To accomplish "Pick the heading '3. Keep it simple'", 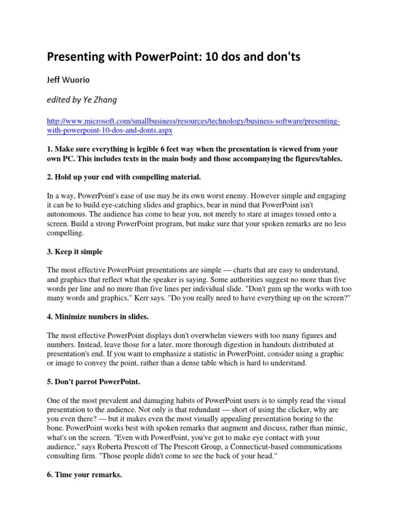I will point(75,251).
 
